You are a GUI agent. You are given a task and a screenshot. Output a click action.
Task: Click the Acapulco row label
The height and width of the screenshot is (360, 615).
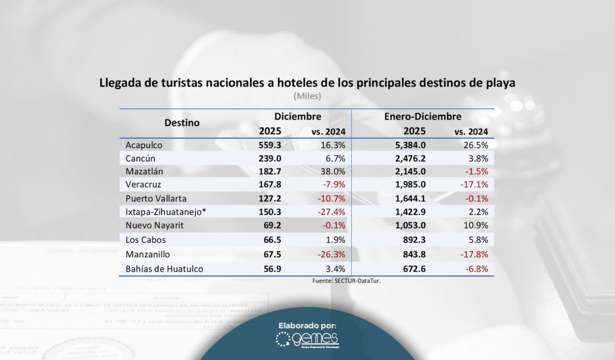tap(144, 145)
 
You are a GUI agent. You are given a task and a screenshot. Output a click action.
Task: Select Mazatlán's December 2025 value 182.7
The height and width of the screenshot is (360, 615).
tap(270, 171)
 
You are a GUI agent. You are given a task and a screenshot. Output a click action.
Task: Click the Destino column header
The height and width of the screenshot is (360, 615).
tap(182, 123)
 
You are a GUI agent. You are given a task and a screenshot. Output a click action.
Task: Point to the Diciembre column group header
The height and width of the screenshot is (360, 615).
tap(297, 117)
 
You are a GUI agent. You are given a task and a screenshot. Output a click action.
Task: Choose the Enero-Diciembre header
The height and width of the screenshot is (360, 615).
tap(422, 117)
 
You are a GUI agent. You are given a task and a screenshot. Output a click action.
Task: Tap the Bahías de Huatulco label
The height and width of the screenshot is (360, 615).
tap(165, 269)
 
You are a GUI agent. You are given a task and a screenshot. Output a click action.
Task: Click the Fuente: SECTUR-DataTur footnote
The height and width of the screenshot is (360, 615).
tap(347, 281)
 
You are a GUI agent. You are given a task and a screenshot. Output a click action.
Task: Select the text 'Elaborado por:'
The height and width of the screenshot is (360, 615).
tap(307, 326)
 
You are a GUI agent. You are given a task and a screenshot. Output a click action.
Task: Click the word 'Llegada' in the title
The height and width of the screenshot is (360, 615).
tap(121, 83)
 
